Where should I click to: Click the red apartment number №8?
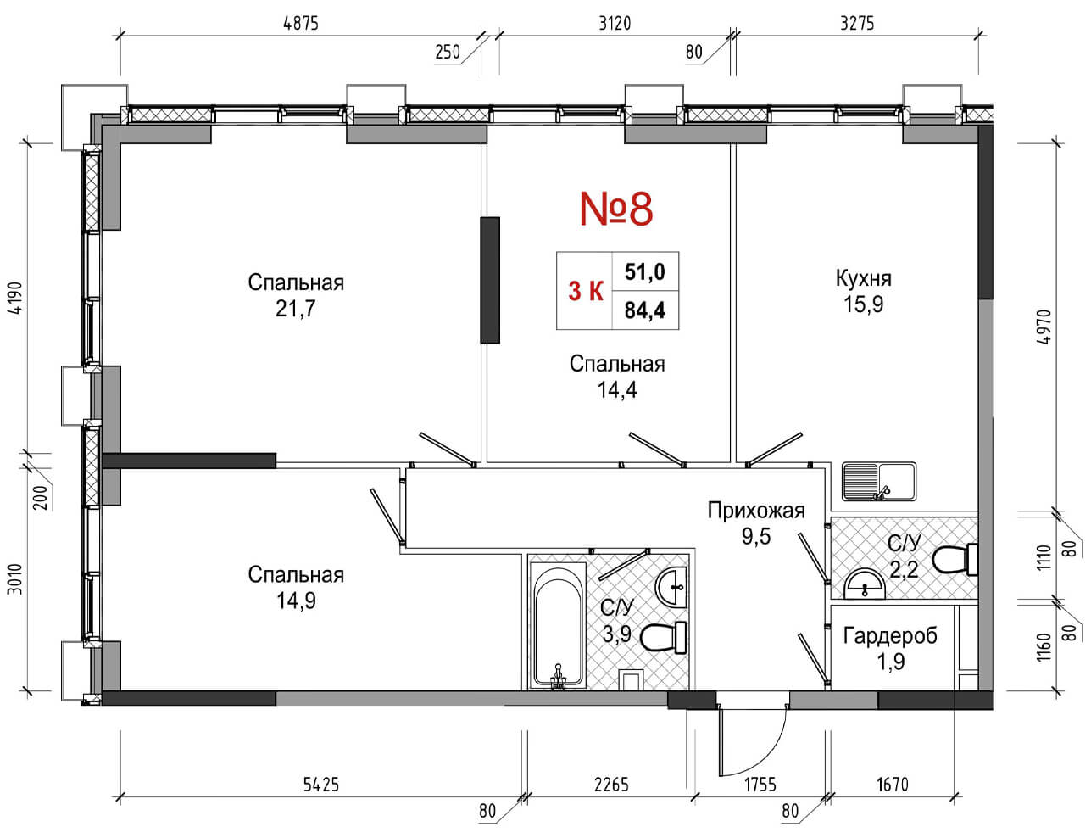[x=616, y=209]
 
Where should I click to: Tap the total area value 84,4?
[x=644, y=310]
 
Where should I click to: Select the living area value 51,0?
[x=644, y=272]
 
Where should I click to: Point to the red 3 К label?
[x=585, y=292]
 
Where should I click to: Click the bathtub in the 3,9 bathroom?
[x=557, y=626]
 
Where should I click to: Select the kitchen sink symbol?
[x=878, y=482]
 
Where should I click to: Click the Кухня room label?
[x=863, y=278]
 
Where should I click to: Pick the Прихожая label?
[x=755, y=510]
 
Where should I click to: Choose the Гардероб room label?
[x=890, y=635]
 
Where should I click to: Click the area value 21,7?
[x=295, y=309]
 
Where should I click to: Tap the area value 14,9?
[x=295, y=601]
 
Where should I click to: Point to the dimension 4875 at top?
[x=300, y=23]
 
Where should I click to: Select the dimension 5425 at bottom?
[x=320, y=785]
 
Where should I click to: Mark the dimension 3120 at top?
[x=615, y=23]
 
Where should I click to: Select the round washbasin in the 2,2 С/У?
[x=865, y=584]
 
